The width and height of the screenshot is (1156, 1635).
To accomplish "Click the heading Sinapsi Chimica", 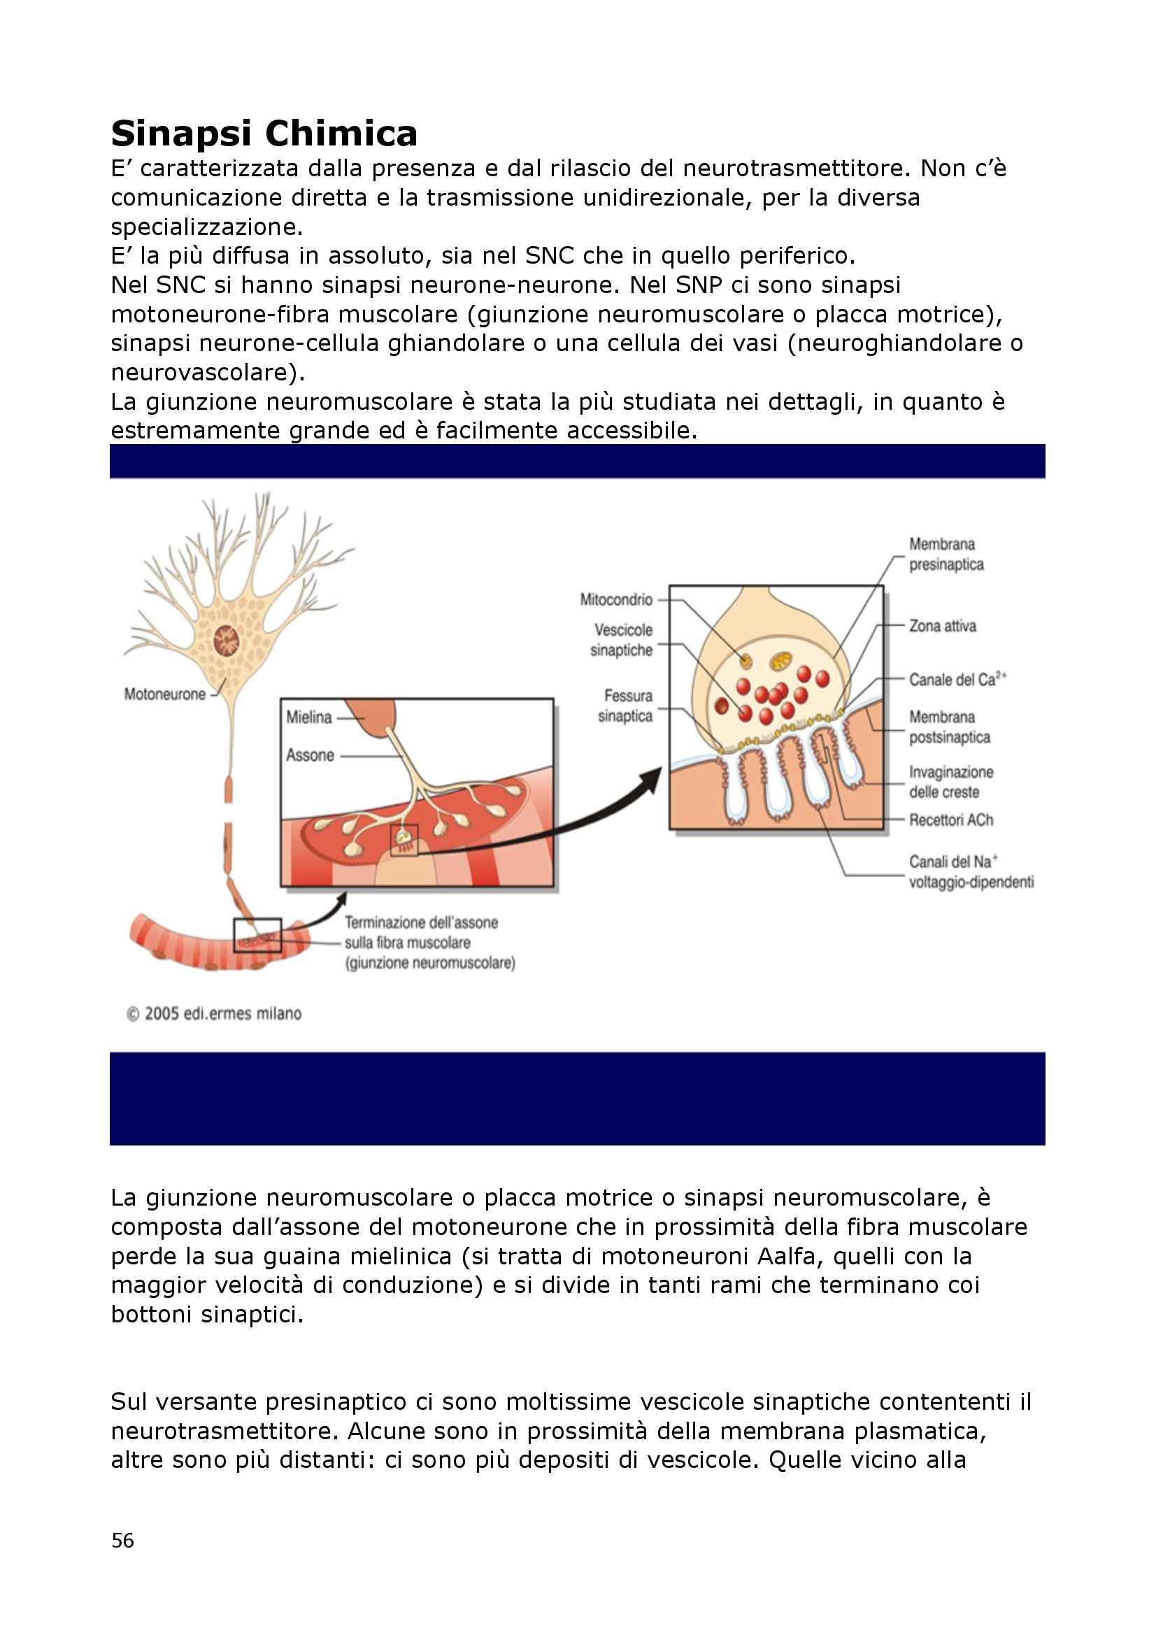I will pos(264,134).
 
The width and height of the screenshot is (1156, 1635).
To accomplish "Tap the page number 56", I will pos(122,1541).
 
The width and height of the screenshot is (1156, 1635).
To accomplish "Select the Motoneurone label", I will pos(164,694).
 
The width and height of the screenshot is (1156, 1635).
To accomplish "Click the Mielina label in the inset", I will pos(309,717).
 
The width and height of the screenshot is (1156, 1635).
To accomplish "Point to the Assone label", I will pos(310,755).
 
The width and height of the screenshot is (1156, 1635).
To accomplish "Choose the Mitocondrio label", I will pos(616,599).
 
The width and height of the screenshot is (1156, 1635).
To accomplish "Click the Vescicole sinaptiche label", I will pos(622,639).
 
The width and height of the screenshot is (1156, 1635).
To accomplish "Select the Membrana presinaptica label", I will pos(946,554).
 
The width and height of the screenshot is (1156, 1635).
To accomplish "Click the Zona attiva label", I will pos(942,626).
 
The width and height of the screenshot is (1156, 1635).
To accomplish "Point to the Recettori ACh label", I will pos(951,820).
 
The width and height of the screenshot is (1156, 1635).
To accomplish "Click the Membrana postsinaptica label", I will pos(949,727).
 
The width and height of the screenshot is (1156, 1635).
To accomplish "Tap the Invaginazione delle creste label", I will pos(950,781).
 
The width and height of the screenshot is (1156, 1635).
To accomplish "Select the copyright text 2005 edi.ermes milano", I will pos(215,1013).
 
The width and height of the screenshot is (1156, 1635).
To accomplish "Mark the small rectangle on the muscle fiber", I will pos(257,935).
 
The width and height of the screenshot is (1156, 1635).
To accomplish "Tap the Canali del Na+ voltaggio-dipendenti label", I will pos(970,871).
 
